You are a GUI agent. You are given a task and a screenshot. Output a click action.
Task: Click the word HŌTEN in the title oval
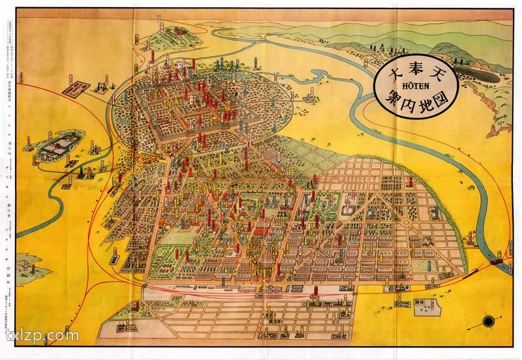(x=415, y=85)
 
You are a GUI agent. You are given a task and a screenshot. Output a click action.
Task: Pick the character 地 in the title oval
(x=425, y=102)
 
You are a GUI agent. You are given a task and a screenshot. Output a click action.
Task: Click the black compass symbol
(x=489, y=320)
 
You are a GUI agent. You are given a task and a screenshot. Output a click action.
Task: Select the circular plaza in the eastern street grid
(x=405, y=225)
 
